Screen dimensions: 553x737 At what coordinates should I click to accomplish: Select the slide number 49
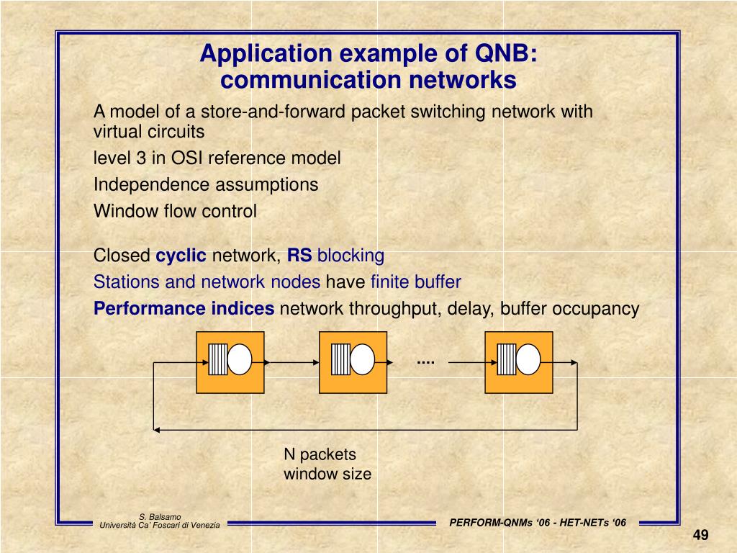tap(701, 535)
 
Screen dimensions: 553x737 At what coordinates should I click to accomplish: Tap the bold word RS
tap(299, 256)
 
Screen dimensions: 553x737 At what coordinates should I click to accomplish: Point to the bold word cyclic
tap(181, 256)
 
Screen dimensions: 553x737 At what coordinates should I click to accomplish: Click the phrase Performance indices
tap(184, 310)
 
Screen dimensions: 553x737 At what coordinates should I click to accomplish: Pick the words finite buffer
tap(415, 282)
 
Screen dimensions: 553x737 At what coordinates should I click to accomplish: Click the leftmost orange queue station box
tap(230, 362)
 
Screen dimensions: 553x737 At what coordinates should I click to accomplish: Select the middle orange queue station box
tap(353, 362)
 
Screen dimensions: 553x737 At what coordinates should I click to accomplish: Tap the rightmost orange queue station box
tap(518, 362)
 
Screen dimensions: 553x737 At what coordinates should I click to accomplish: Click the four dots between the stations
tap(425, 360)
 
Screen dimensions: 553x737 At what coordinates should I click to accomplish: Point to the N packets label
tap(320, 454)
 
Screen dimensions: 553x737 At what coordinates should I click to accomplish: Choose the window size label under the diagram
tap(327, 474)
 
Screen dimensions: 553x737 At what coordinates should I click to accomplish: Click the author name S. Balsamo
tap(160, 516)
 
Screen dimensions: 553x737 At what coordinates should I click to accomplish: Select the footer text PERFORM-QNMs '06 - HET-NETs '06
tap(538, 523)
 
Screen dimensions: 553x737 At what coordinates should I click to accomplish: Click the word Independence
tap(149, 185)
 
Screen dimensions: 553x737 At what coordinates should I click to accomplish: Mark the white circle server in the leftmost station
tap(240, 359)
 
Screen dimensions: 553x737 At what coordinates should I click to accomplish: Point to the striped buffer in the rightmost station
tap(507, 359)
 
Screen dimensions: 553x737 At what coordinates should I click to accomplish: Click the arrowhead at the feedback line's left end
tap(156, 430)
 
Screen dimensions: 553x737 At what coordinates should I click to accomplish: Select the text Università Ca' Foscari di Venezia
tap(160, 526)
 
